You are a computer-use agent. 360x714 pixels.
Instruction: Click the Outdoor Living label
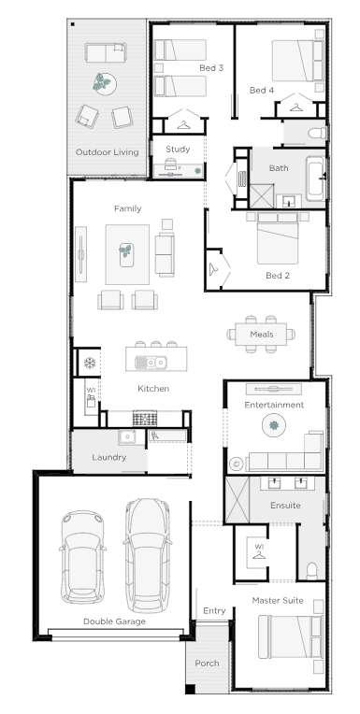coord(108,152)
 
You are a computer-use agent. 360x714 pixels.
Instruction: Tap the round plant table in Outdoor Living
coord(105,84)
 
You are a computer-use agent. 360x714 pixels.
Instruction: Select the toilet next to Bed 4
coord(317,133)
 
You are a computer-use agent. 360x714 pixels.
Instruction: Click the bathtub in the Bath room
coord(315,178)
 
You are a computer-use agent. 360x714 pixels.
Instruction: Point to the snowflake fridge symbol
coord(90,363)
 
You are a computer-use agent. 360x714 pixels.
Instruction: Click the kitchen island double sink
coord(151,363)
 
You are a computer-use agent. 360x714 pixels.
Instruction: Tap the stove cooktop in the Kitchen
coord(144,418)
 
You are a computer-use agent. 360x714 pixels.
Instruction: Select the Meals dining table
coord(261,335)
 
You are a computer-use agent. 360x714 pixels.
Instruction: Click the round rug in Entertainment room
coord(274,426)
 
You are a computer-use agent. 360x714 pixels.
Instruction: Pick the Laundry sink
coord(127,437)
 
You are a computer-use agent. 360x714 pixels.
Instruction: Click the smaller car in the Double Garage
coord(82,557)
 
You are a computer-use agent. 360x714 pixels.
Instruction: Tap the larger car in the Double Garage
coord(147,555)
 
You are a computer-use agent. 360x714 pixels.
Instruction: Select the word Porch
coord(207,663)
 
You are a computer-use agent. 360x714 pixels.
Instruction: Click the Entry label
coord(214,610)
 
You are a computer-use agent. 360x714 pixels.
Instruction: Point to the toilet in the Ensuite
coord(312,571)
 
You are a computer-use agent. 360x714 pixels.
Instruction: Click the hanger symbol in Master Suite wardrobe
coord(259,554)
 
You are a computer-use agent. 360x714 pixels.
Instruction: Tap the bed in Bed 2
coord(278,238)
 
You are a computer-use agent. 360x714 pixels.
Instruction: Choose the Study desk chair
coord(170,163)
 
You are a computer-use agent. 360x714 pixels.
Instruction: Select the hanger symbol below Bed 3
coord(183,125)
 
